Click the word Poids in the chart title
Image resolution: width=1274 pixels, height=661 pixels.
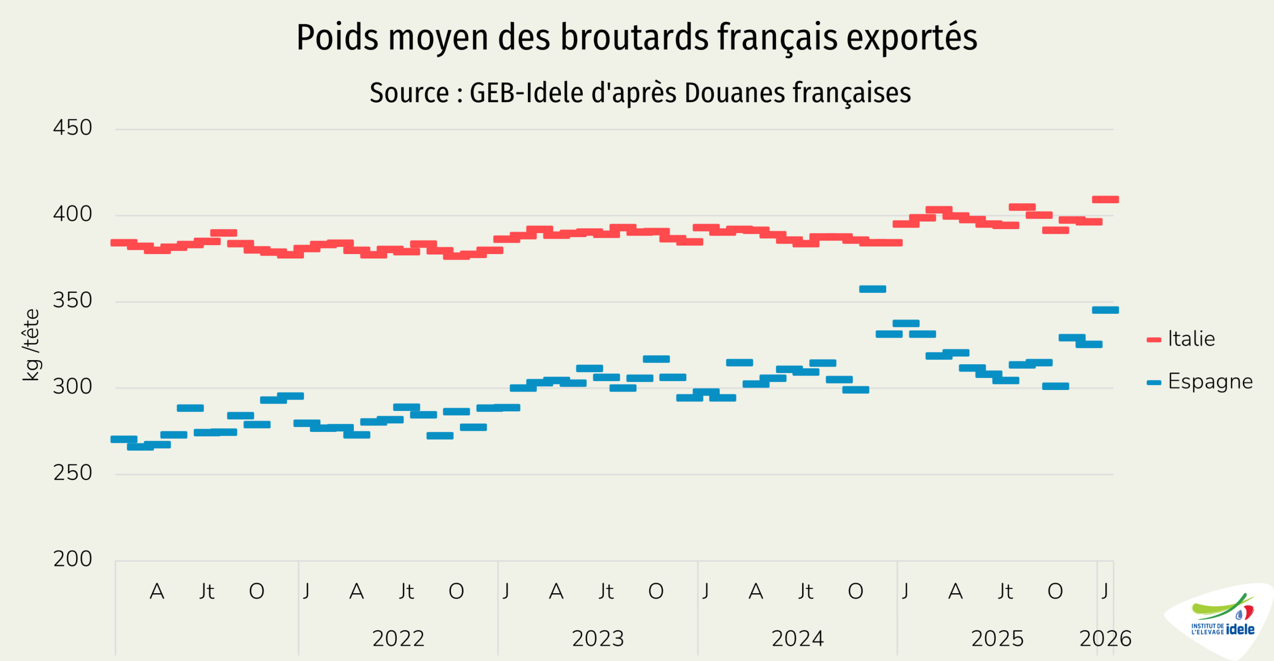337,38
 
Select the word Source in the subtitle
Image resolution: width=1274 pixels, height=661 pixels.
409,93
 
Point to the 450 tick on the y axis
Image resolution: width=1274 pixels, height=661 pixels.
73,128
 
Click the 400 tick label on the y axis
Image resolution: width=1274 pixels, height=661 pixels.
73,214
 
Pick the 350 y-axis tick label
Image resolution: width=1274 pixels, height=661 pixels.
73,300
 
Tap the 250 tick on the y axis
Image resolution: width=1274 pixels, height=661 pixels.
73,473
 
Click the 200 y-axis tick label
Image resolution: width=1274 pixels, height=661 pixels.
73,559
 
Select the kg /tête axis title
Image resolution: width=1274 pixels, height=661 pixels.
31,345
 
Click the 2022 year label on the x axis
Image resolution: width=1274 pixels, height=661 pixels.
398,639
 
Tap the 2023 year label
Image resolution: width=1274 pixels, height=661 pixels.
598,639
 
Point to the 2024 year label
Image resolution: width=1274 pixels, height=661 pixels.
798,639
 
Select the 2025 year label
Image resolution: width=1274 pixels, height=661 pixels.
997,639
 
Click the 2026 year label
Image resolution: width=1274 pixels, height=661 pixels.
1105,639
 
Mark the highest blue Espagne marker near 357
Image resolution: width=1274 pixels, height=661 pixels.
872,289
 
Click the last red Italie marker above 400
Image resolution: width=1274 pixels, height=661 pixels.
1105,200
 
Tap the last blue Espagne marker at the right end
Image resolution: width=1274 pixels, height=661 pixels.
1105,310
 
